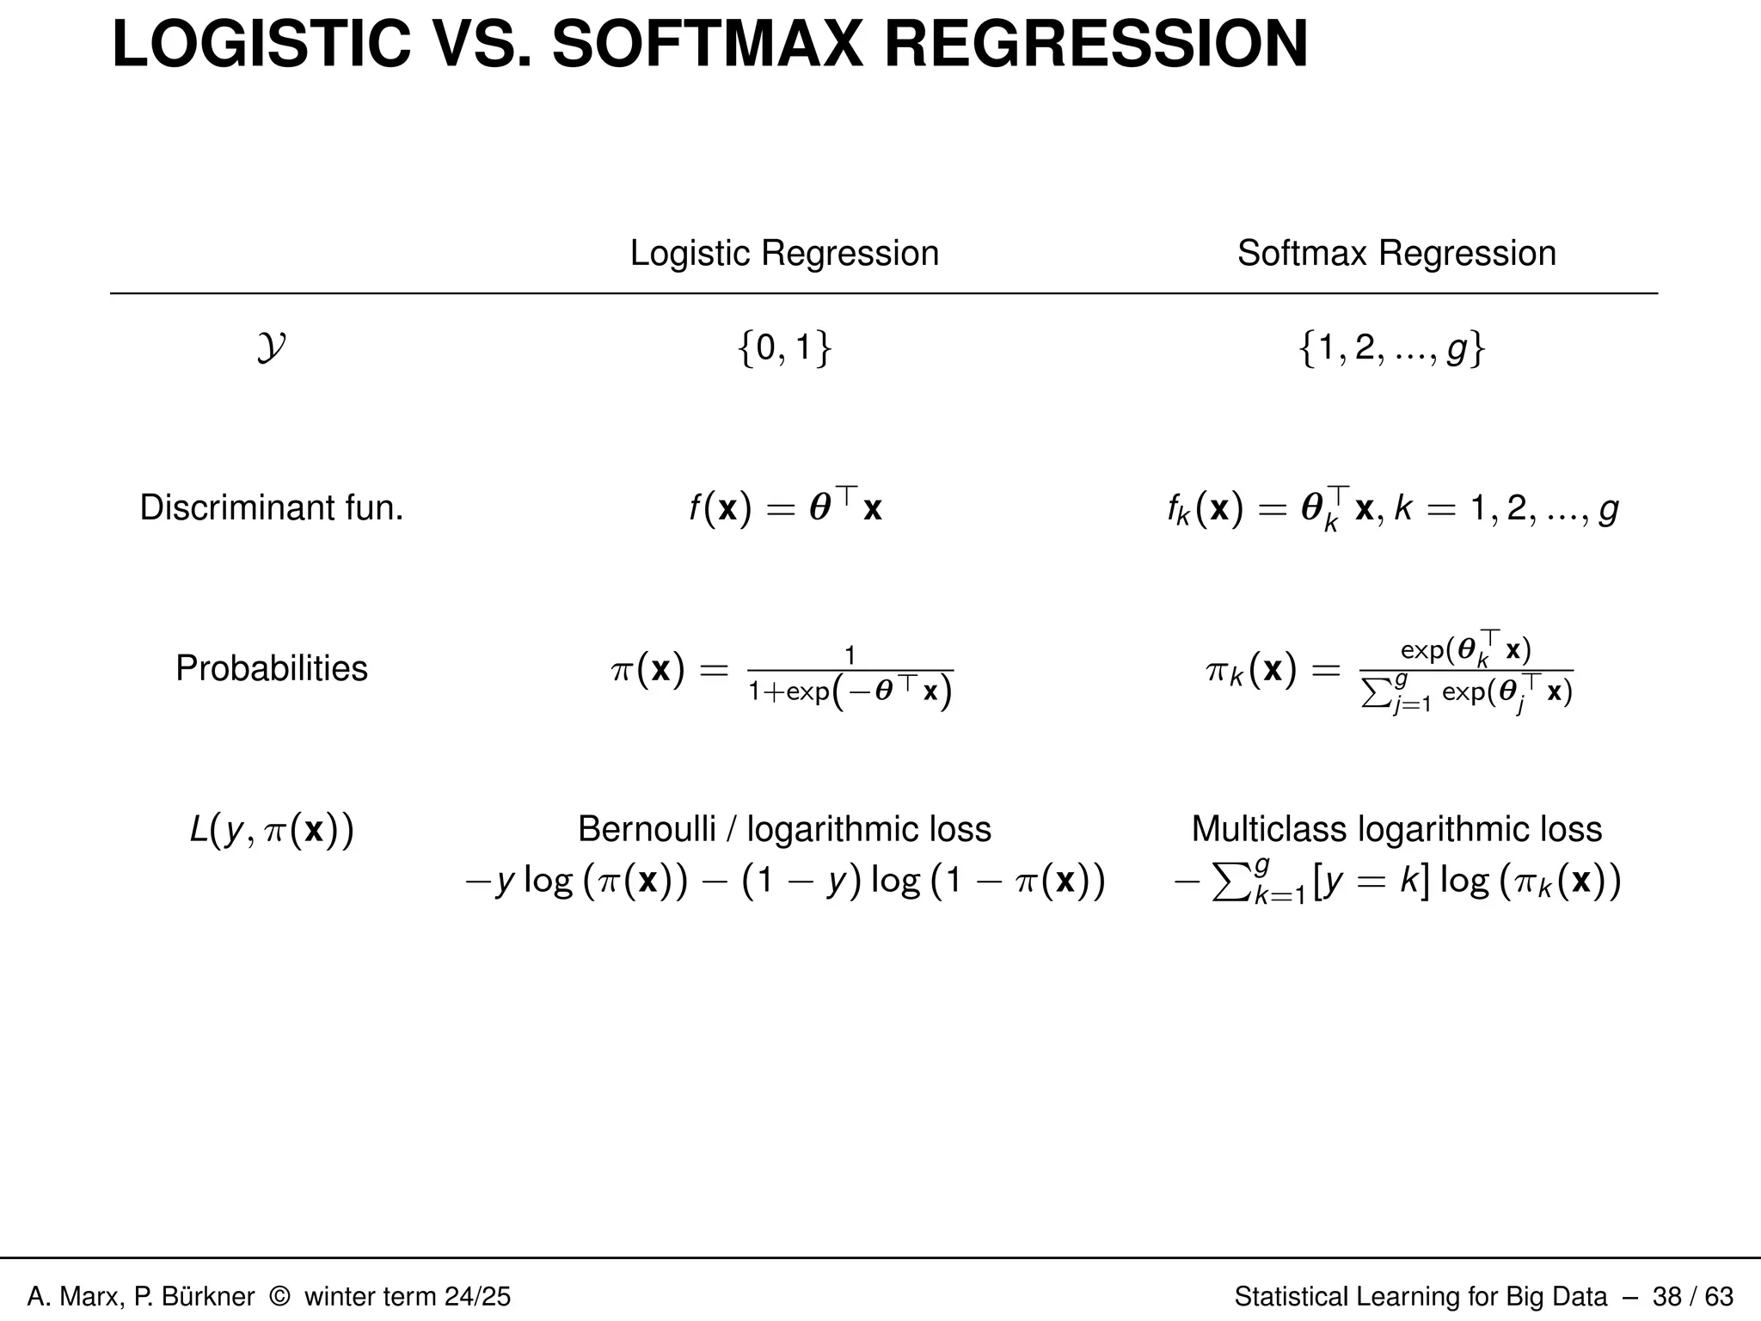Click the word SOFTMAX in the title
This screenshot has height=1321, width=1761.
707,45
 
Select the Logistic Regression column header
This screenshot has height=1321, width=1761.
784,253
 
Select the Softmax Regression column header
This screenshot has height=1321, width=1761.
1396,253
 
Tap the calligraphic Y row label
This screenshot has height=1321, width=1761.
271,349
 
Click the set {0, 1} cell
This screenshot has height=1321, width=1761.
784,349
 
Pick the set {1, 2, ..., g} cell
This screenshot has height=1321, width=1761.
1391,349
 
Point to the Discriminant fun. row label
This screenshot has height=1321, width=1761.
271,508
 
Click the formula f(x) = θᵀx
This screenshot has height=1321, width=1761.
784,508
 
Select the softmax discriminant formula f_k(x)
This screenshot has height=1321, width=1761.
1391,510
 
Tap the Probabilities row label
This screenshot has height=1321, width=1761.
271,668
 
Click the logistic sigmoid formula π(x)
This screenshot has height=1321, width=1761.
781,672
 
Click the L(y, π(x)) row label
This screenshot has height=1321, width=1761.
271,830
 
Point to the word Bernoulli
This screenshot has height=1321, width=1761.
647,829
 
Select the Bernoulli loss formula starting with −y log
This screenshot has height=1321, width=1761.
784,882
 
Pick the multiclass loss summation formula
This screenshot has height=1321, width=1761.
1396,882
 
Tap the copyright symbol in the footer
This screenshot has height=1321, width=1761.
279,1296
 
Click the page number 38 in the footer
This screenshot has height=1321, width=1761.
1667,1296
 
